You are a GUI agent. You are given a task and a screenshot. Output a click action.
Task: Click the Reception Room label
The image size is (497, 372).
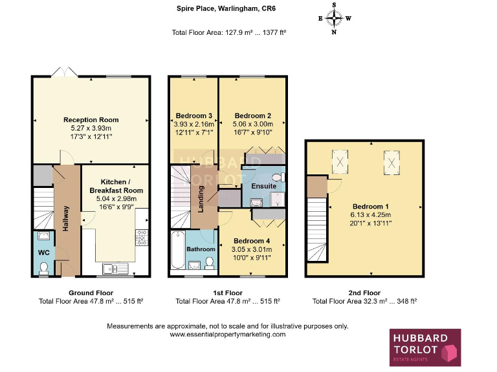pos(91,119)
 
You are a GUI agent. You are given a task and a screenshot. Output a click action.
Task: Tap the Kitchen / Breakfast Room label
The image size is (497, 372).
pos(116,187)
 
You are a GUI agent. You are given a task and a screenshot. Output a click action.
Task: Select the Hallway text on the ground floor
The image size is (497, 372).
pos(66,218)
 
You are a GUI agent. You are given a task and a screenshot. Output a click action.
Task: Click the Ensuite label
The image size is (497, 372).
pos(264,186)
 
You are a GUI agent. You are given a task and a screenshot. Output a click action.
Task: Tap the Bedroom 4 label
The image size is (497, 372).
pos(252,240)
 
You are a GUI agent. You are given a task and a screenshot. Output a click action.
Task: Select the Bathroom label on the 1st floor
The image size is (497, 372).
pos(201,249)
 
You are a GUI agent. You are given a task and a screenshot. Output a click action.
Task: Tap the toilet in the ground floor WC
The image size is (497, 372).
pos(43,268)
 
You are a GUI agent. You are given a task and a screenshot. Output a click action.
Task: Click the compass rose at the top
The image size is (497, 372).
pos(335,18)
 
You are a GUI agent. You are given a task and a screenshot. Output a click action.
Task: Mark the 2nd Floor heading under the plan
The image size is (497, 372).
pos(364,293)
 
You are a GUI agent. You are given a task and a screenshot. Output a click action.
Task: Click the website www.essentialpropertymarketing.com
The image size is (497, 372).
pos(227,335)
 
